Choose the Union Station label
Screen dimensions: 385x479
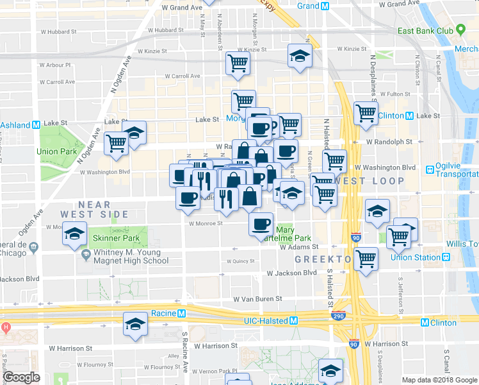coord(416,257)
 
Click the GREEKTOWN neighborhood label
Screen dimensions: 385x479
coord(323,259)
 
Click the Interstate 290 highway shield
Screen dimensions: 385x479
coord(339,316)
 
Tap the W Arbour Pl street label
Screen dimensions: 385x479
coord(55,65)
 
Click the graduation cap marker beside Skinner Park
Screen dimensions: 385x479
coord(75,234)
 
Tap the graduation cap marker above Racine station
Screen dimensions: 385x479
coord(135,323)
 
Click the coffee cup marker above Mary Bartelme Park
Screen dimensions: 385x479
coord(261,223)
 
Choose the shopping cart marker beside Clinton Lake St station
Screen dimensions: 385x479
coord(366,113)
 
